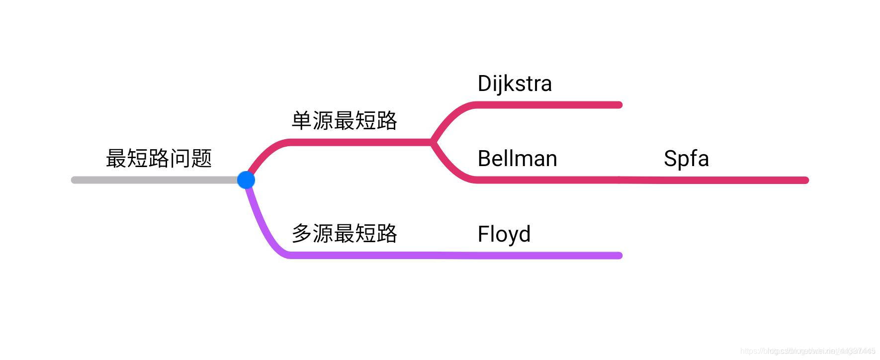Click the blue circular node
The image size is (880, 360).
tap(246, 180)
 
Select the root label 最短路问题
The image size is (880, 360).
tap(159, 158)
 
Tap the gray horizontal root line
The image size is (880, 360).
tap(154, 180)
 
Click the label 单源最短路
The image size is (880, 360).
tap(344, 120)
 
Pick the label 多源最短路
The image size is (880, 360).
tap(344, 233)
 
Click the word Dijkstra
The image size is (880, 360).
tap(515, 84)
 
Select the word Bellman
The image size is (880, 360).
tap(517, 159)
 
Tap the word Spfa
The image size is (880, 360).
tap(686, 159)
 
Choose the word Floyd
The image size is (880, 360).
tap(504, 234)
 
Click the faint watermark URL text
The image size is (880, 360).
tap(807, 351)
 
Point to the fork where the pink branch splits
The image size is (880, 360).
tap(432, 142)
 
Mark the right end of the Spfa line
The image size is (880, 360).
tap(805, 180)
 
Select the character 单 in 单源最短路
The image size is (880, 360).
tap(301, 120)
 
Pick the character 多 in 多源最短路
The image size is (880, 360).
tap(301, 233)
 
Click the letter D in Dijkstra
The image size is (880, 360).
tap(485, 84)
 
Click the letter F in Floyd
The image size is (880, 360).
tap(483, 234)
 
